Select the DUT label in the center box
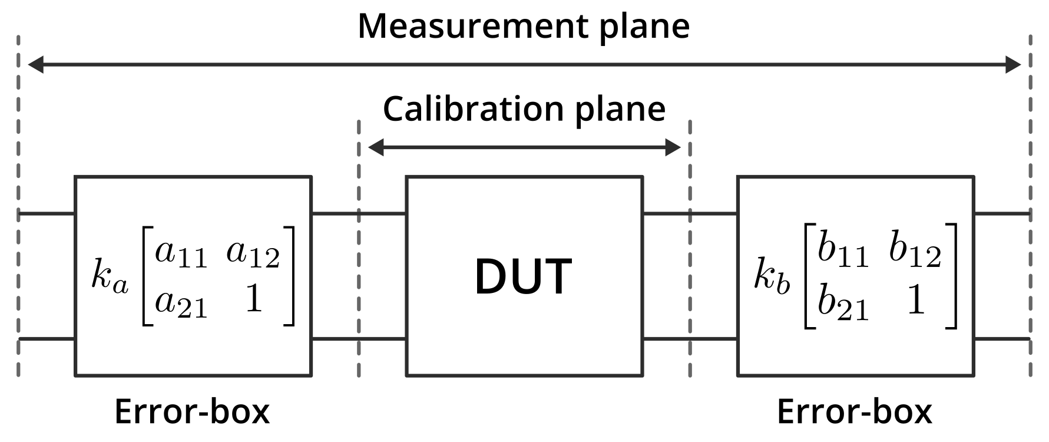pyautogui.click(x=523, y=276)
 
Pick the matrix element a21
pyautogui.click(x=181, y=302)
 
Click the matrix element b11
pyautogui.click(x=843, y=252)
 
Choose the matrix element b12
pyautogui.click(x=915, y=252)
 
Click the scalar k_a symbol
pyautogui.click(x=110, y=278)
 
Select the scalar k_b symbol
pyautogui.click(x=772, y=276)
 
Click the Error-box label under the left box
pyautogui.click(x=192, y=411)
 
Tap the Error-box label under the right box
pyautogui.click(x=855, y=411)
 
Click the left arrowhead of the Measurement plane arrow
pyautogui.click(x=36, y=65)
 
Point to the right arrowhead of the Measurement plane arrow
pyautogui.click(x=1012, y=65)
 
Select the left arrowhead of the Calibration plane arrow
pyautogui.click(x=376, y=147)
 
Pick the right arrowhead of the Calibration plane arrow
pyautogui.click(x=673, y=147)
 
